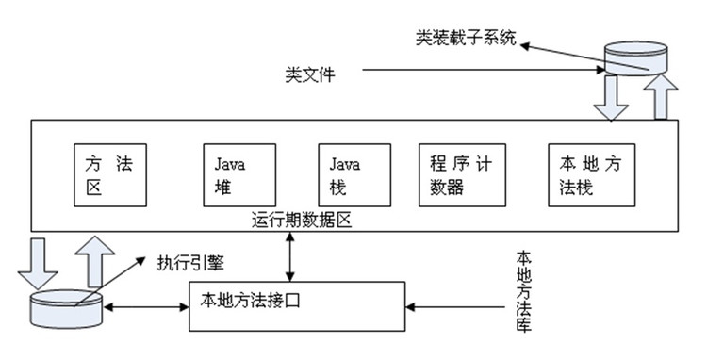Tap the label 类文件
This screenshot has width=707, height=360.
click(x=308, y=72)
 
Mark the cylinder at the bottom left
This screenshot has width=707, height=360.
click(x=65, y=308)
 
